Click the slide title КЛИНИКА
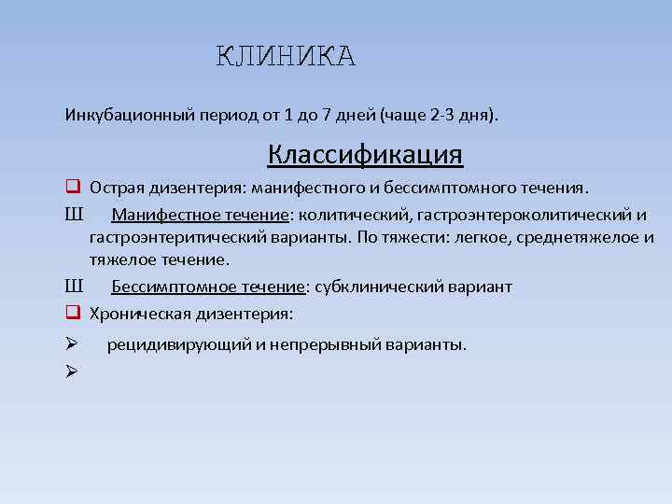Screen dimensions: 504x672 pyautogui.click(x=287, y=57)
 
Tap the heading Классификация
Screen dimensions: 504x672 pyautogui.click(x=365, y=152)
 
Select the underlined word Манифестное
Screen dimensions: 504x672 pyautogui.click(x=156, y=217)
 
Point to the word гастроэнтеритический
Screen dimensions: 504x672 pyautogui.click(x=175, y=237)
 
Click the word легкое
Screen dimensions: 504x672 pyautogui.click(x=474, y=237)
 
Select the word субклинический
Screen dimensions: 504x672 pyautogui.click(x=382, y=287)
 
